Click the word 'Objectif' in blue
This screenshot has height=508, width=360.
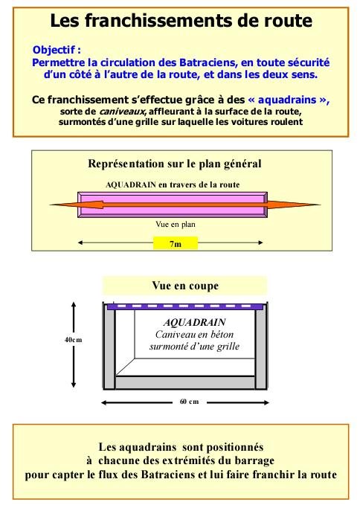[x=54, y=50]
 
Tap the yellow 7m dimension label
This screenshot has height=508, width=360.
[x=176, y=243]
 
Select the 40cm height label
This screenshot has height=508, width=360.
[x=73, y=340]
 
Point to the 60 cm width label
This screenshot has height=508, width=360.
[x=189, y=402]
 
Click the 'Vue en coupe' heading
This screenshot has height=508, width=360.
[x=185, y=286]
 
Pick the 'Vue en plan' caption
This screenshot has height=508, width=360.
[x=176, y=224]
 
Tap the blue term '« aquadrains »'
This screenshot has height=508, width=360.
[x=289, y=100]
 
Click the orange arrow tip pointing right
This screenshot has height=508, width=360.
[x=319, y=205]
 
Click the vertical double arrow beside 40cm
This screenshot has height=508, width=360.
[x=74, y=344]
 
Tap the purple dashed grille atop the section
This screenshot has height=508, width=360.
[x=185, y=306]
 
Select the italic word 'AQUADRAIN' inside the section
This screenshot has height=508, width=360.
[x=194, y=322]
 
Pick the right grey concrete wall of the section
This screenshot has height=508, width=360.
[x=261, y=349]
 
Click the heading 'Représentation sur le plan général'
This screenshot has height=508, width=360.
[x=175, y=164]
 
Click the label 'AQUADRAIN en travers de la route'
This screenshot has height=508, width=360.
[x=173, y=184]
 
